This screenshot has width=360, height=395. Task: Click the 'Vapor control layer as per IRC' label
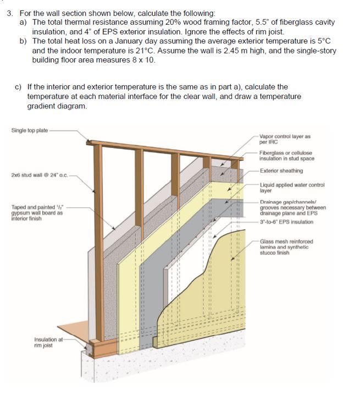285,139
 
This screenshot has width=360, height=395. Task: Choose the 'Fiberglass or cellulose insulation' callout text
286,156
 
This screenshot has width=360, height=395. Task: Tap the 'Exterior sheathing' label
281,171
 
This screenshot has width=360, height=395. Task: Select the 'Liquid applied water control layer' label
292,188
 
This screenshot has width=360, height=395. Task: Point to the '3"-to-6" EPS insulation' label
286,222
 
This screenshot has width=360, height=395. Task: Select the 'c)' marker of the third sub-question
19,87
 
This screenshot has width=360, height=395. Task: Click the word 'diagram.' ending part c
70,106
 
